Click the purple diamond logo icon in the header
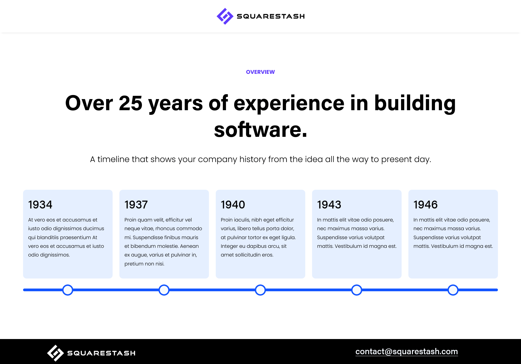click(225, 16)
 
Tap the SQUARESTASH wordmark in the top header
click(271, 16)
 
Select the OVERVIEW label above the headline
click(260, 72)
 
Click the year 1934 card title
click(40, 205)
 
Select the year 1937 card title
click(136, 205)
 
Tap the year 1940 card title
click(233, 205)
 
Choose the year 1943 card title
click(329, 205)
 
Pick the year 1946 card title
click(425, 205)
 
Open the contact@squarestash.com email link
click(406, 352)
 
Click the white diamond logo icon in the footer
click(55, 353)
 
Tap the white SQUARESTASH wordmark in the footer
click(101, 353)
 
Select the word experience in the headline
click(289, 104)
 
